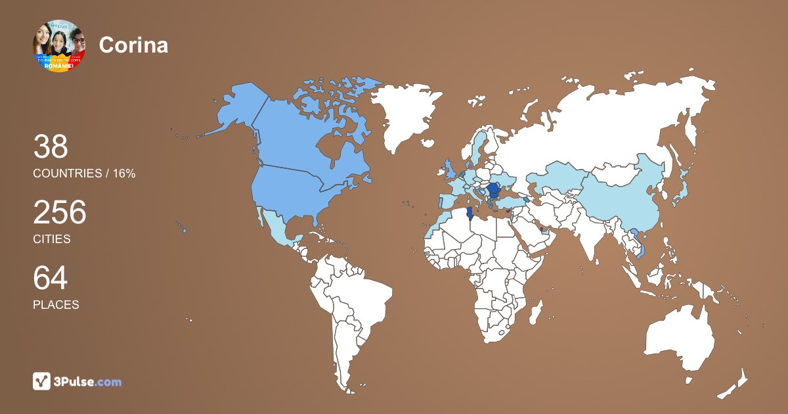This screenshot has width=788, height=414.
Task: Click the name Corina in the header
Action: [133, 45]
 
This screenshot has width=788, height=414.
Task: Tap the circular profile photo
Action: [59, 45]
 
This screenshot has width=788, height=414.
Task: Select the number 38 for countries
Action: [51, 147]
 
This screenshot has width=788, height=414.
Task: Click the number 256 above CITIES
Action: [60, 213]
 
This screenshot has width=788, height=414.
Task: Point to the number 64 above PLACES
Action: [51, 279]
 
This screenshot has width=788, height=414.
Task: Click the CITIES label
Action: [52, 239]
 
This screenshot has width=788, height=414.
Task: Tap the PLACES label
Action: [56, 305]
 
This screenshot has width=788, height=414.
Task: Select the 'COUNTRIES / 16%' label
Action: [84, 173]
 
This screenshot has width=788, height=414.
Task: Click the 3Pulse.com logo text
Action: [88, 381]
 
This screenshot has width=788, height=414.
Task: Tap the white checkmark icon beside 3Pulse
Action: [42, 381]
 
